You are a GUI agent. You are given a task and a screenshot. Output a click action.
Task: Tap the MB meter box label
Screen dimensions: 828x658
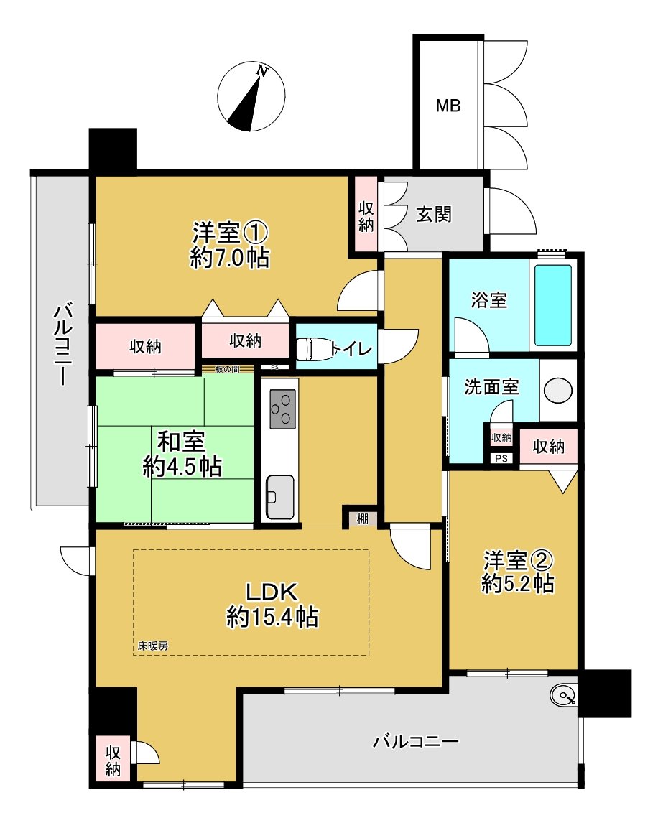click(448, 106)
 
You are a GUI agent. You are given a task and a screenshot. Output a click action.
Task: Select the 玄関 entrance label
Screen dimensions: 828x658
click(434, 214)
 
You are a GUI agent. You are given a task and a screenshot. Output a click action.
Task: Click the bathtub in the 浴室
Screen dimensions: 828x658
click(553, 304)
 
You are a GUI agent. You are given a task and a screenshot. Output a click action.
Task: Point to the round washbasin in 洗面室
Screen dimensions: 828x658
click(557, 391)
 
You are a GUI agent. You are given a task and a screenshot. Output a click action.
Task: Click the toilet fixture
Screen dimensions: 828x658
click(313, 349)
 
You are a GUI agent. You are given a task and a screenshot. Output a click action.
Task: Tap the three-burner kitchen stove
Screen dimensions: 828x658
click(281, 408)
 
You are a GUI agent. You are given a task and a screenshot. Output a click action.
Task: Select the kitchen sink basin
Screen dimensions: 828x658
click(279, 495)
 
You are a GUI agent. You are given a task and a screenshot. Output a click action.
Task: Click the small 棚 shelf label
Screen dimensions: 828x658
click(363, 518)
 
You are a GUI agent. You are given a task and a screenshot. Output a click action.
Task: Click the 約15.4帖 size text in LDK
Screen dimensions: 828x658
click(272, 617)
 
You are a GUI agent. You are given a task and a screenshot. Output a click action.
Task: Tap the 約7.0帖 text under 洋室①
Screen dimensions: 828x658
click(229, 258)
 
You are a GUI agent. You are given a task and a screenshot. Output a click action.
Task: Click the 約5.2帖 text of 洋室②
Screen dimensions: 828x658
click(517, 584)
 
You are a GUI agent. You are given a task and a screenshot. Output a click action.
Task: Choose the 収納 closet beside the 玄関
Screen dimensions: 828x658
click(366, 215)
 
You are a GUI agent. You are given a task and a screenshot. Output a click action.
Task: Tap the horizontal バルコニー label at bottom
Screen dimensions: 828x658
click(415, 742)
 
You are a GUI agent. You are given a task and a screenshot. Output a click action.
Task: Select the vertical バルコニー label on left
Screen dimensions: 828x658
click(62, 345)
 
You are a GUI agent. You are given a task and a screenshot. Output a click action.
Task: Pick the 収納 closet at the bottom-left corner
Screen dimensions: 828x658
click(113, 760)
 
